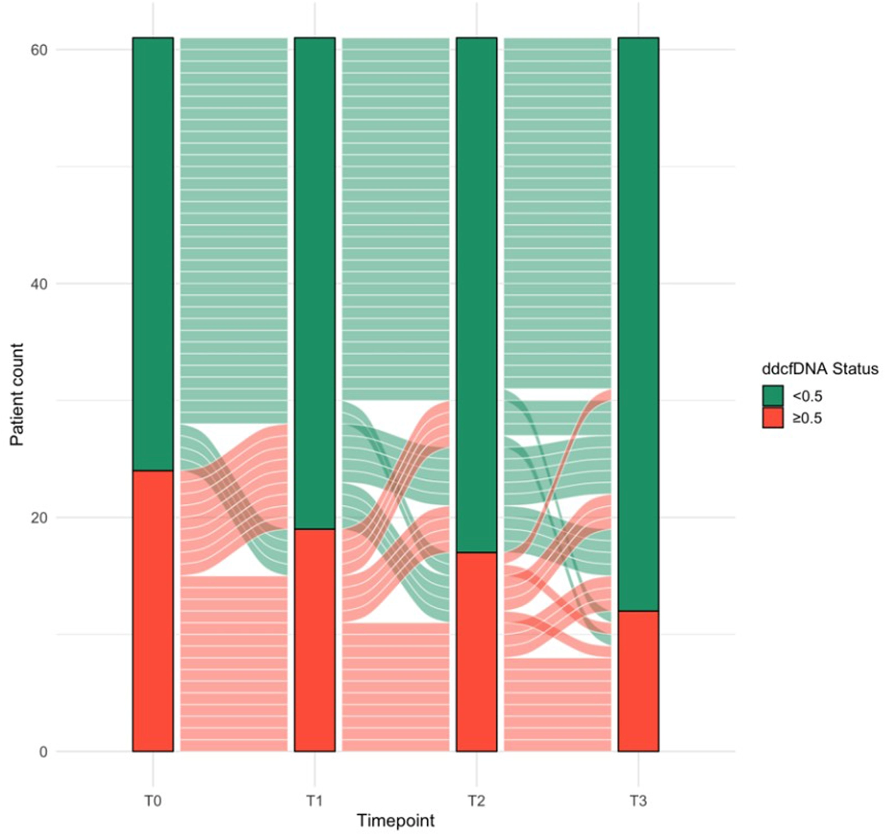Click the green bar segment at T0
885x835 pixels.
153,254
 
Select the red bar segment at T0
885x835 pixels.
153,610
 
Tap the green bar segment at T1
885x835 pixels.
314,283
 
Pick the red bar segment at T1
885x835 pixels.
314,640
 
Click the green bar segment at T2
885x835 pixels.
476,295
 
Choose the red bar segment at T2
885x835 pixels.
476,651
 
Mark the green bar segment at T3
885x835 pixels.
638,324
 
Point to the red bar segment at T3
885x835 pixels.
638,681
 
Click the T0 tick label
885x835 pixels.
153,801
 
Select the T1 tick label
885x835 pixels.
314,801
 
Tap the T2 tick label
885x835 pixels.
476,801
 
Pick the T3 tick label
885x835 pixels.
638,801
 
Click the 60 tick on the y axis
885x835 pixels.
39,50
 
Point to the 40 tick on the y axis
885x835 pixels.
39,284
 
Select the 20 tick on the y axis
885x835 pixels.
39,518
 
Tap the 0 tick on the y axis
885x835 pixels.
43,752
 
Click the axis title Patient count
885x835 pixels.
17,394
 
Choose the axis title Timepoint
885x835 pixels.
395,821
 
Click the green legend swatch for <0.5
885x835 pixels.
772,396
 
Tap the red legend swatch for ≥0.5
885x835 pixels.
772,418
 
